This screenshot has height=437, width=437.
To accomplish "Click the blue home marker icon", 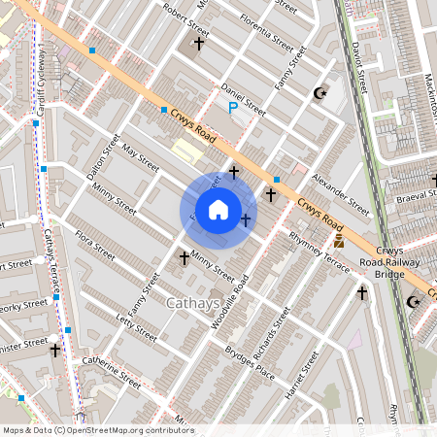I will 218,210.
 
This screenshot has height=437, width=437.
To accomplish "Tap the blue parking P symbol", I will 233,108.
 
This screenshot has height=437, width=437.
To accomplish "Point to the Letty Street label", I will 136,325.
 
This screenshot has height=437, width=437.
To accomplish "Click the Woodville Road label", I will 230,300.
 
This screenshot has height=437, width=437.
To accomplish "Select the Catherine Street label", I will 112,370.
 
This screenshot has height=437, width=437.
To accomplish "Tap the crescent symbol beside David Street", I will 319,93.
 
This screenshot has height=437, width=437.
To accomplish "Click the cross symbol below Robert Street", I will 199,44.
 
